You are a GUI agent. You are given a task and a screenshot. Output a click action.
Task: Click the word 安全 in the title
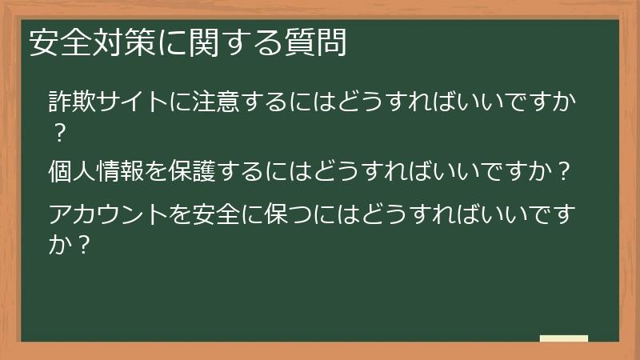click(x=58, y=42)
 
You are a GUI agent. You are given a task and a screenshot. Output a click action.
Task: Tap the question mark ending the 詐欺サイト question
click(x=58, y=132)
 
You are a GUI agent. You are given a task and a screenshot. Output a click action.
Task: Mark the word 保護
click(x=198, y=172)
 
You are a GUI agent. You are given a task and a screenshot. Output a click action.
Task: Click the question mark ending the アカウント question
click(x=80, y=242)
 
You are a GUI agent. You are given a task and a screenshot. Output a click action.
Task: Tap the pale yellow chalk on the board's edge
click(x=564, y=338)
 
